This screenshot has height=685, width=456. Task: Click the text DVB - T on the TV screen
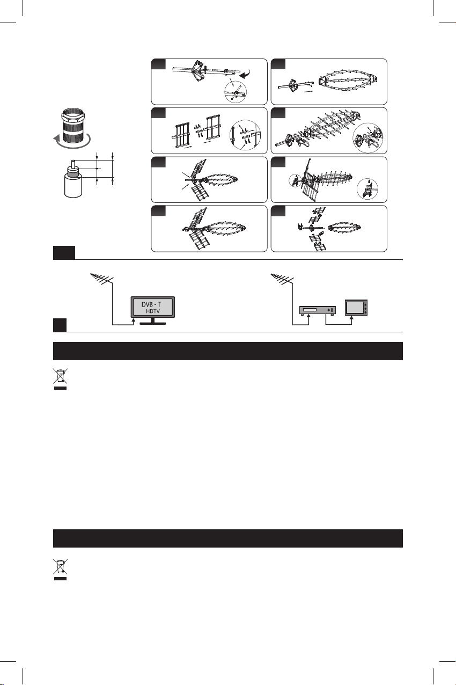click(151, 305)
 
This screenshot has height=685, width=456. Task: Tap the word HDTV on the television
click(153, 311)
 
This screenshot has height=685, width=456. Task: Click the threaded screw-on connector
click(73, 126)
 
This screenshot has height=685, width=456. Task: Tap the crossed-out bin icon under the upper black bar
click(60, 379)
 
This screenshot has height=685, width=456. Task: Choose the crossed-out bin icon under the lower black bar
click(60, 570)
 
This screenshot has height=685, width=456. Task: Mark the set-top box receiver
click(317, 311)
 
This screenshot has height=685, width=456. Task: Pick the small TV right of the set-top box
click(356, 307)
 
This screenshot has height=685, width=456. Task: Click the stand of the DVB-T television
click(152, 321)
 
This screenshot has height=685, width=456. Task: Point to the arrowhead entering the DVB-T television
click(133, 319)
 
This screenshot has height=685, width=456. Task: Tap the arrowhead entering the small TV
click(352, 318)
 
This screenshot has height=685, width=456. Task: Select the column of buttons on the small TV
click(365, 308)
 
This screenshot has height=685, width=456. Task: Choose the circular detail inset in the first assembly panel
click(236, 92)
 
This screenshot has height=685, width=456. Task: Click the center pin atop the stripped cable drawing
click(73, 163)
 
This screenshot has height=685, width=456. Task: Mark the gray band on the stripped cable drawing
click(73, 174)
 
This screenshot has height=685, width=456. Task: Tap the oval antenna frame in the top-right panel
click(348, 82)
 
